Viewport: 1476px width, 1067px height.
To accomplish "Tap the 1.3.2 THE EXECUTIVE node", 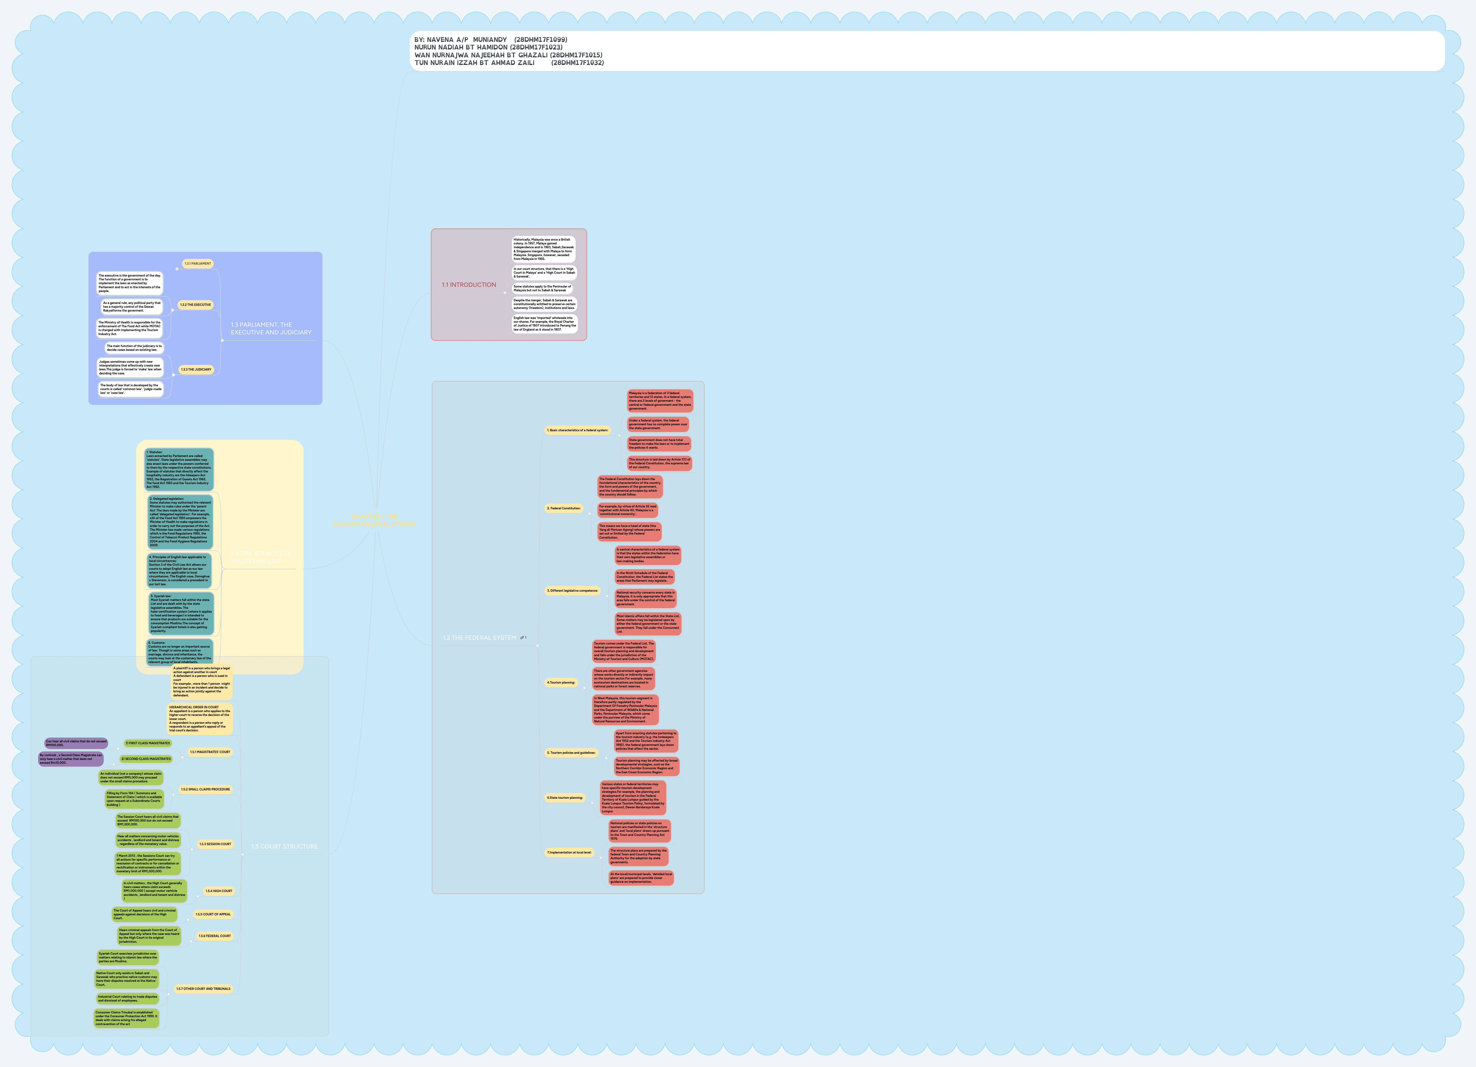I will [195, 305].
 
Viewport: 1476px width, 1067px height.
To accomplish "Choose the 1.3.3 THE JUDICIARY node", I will [196, 369].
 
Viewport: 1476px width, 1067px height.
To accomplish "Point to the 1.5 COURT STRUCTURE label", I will [284, 846].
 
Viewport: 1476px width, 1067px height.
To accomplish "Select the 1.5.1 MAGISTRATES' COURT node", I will [210, 752].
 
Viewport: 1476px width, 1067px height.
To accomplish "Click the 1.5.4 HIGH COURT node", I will [219, 891].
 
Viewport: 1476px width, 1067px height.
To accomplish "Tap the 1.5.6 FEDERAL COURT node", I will [215, 935].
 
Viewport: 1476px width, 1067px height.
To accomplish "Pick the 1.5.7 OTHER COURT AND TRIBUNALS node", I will [203, 988].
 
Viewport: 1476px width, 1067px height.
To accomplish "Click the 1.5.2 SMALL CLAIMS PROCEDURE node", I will [205, 789].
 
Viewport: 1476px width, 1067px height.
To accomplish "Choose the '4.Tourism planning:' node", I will [561, 682].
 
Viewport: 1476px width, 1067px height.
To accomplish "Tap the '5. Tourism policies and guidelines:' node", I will [571, 753].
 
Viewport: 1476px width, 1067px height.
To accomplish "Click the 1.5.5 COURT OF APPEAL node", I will [213, 914].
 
